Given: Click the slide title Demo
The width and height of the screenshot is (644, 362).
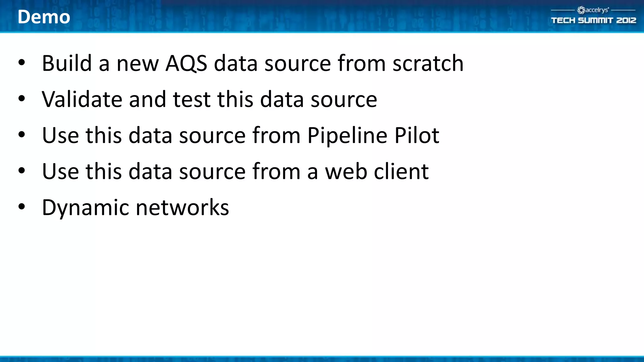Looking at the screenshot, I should click(x=44, y=17).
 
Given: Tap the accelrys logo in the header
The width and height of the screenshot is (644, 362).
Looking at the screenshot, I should click(x=593, y=10).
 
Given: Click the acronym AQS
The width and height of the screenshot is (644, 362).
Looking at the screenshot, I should click(x=186, y=63).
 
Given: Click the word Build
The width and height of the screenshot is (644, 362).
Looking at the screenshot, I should click(x=67, y=63).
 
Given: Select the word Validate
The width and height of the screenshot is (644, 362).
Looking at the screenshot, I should click(x=82, y=99).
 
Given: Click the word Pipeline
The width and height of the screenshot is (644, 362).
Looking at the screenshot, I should click(x=347, y=136).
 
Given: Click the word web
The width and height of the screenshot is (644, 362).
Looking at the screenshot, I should click(x=346, y=172).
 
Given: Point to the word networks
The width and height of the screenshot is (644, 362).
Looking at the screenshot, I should click(x=182, y=208).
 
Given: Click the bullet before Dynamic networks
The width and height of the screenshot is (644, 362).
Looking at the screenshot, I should click(x=21, y=207).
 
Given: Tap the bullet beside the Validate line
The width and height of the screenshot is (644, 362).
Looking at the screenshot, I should click(x=21, y=99).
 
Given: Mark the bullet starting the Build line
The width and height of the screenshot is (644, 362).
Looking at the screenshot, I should click(x=21, y=63).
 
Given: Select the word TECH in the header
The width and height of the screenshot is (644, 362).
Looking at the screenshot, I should click(x=563, y=20).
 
